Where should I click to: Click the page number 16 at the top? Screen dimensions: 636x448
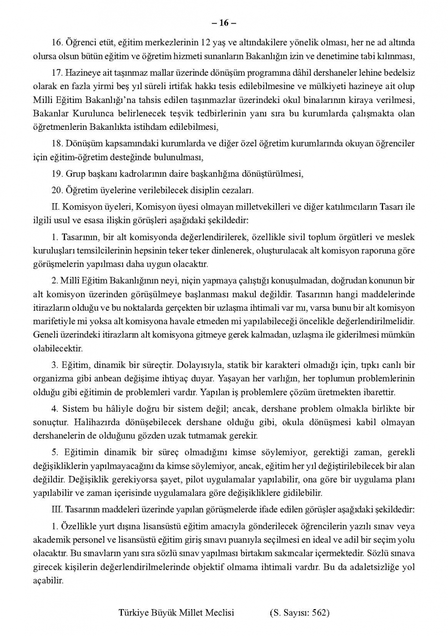[x=224, y=23]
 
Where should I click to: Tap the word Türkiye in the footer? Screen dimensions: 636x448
[x=133, y=613]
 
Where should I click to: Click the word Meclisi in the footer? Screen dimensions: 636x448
[x=220, y=613]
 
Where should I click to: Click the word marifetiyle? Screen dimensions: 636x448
[x=55, y=321]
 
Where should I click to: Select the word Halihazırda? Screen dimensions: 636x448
[x=95, y=422]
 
